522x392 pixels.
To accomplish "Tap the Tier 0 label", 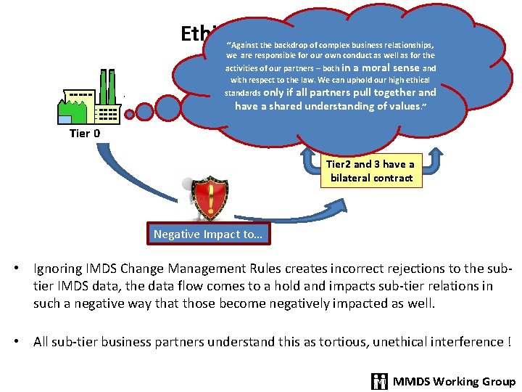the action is coord(85,134).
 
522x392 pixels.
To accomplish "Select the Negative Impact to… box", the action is coord(209,234).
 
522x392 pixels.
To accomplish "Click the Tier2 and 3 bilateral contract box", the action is coord(371,171).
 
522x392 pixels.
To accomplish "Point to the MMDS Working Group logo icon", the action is coord(380,381).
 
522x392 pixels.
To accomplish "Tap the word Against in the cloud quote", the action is coord(252,44).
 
